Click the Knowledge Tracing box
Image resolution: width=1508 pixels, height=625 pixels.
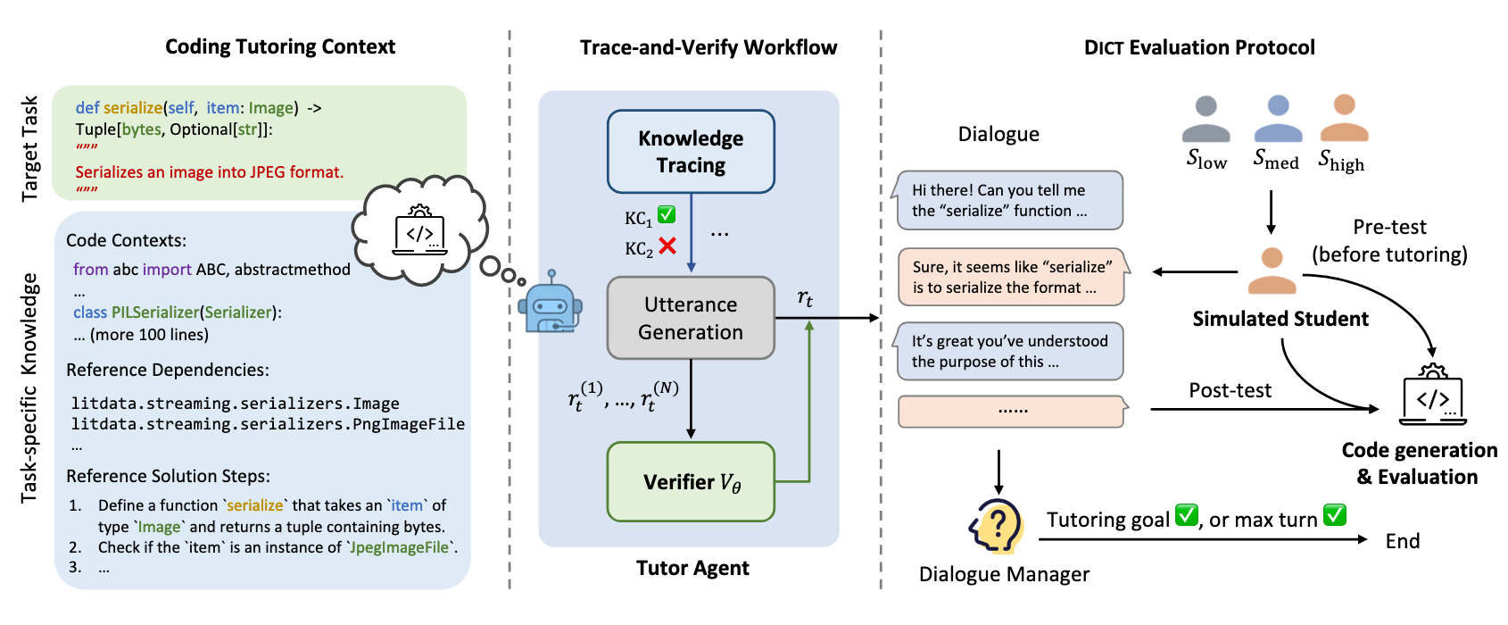pos(691,152)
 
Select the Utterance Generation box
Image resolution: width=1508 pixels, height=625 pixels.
pos(691,318)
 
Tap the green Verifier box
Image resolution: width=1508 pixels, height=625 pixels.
pos(691,482)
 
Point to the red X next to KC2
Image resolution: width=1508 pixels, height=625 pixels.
pos(667,246)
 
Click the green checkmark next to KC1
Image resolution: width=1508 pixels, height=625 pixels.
pos(667,214)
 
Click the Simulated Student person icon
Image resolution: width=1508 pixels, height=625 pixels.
pos(1272,271)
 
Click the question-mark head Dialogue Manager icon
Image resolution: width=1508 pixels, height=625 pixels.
pos(997,527)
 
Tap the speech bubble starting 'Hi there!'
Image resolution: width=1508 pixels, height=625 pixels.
pos(1008,201)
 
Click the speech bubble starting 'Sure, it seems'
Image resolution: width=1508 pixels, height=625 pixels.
pos(1012,277)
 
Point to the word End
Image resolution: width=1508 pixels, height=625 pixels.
pos(1402,541)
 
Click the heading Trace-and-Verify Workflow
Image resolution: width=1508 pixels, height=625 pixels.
pos(708,47)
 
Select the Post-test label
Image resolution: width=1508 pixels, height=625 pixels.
pos(1230,390)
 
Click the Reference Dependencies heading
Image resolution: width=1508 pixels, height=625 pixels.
pos(168,370)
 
